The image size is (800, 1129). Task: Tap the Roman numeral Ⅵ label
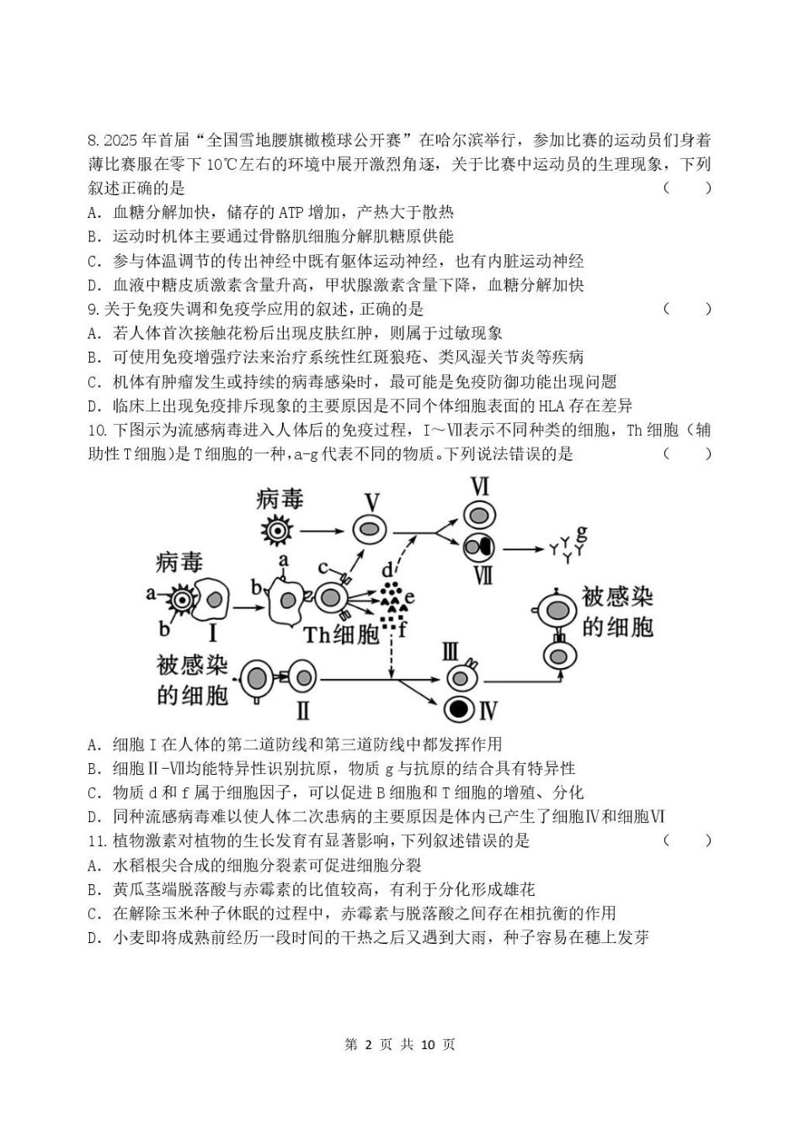coord(479,486)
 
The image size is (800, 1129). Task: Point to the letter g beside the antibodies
coord(582,533)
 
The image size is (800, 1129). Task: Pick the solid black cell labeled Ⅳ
coord(459,709)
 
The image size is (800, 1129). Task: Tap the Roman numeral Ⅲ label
coord(451,651)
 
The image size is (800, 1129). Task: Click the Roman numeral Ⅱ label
coord(302,711)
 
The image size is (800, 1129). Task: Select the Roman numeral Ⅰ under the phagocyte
coord(212,633)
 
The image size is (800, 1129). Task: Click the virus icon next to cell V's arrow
coord(275,531)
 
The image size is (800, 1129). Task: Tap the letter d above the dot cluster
coord(387,570)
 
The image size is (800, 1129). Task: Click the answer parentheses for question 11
coord(687,840)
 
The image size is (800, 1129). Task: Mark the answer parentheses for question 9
coord(687,309)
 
